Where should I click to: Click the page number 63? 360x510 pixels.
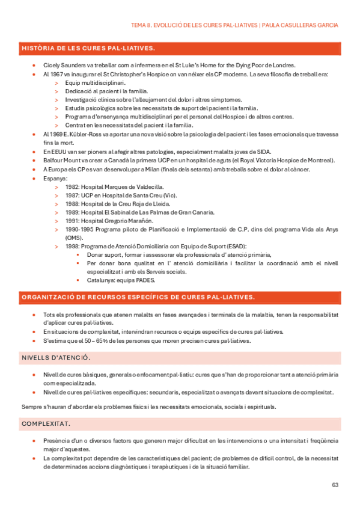tap(335, 485)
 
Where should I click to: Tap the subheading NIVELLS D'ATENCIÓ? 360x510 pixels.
tap(56, 358)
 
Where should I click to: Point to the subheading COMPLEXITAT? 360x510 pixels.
tap(46, 424)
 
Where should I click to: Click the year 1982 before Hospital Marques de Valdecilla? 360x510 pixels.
tap(72, 187)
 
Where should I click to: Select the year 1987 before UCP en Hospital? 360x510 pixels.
tap(72, 195)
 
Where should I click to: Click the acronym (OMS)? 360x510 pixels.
tap(74, 238)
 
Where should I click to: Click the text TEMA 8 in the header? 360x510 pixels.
tap(142, 25)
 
